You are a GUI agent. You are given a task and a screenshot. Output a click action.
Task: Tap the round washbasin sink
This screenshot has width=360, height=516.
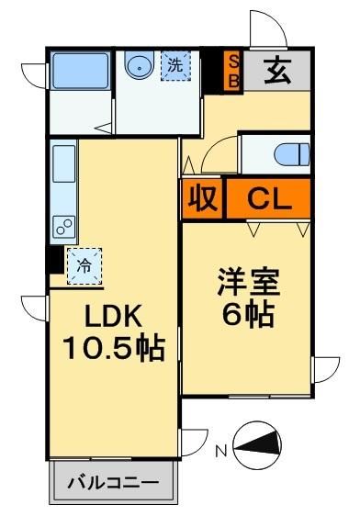click(139, 66)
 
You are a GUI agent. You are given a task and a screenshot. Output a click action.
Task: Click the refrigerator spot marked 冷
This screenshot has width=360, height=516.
click(84, 265)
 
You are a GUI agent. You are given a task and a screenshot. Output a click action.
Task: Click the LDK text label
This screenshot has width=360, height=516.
click(113, 316)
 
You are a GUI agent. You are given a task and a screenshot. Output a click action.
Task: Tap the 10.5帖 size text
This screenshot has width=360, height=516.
click(113, 349)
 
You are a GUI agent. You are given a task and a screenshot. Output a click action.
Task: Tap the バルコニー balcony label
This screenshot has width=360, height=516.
click(113, 481)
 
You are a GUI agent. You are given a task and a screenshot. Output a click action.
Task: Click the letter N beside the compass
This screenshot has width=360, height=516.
click(221, 451)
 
